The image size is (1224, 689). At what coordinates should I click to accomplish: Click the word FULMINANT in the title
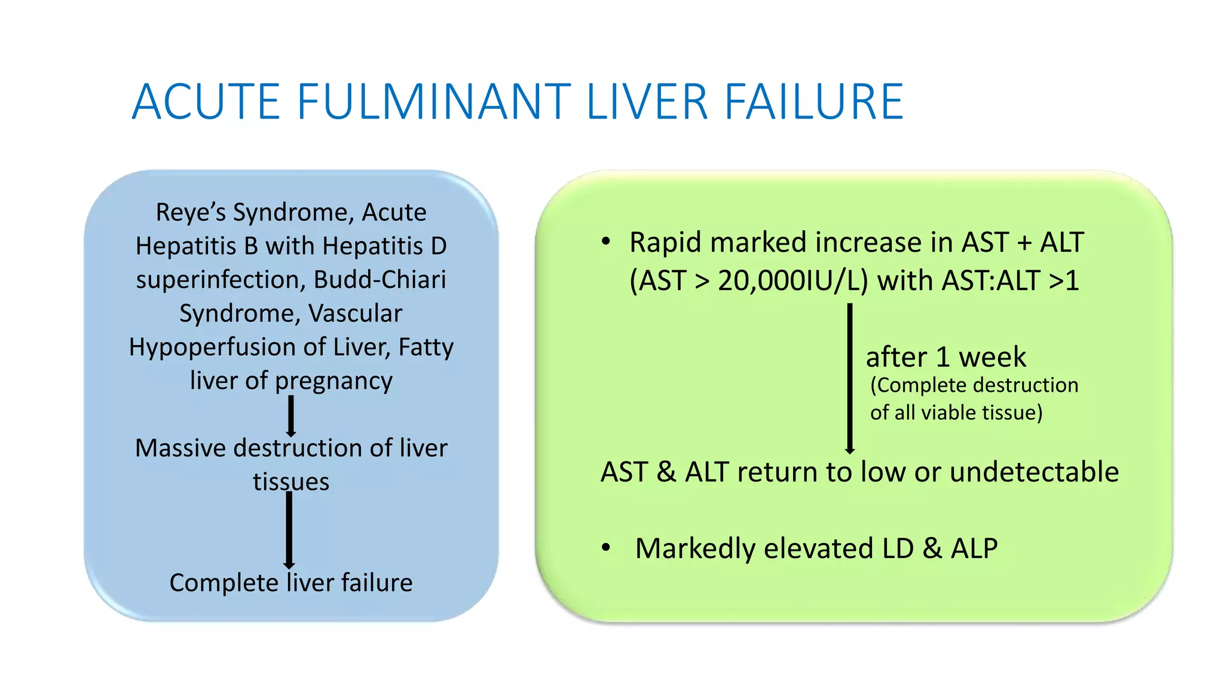(x=434, y=102)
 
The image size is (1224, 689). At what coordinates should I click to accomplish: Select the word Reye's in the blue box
(x=189, y=213)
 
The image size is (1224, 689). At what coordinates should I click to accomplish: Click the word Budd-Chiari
(x=380, y=280)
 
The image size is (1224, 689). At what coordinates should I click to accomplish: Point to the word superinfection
(x=220, y=280)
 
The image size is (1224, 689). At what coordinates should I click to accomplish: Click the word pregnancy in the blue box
(x=333, y=382)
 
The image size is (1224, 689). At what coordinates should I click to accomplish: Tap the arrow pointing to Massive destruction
(x=291, y=416)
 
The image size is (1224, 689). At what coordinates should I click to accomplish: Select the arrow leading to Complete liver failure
(x=289, y=529)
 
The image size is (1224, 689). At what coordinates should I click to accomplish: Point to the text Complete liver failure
(x=291, y=583)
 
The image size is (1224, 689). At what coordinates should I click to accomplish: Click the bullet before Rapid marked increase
(x=606, y=242)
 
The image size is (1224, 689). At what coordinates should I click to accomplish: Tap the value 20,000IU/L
(x=792, y=281)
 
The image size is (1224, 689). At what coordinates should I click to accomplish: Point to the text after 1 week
(x=945, y=358)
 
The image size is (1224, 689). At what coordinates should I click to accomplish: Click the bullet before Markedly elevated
(x=606, y=548)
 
